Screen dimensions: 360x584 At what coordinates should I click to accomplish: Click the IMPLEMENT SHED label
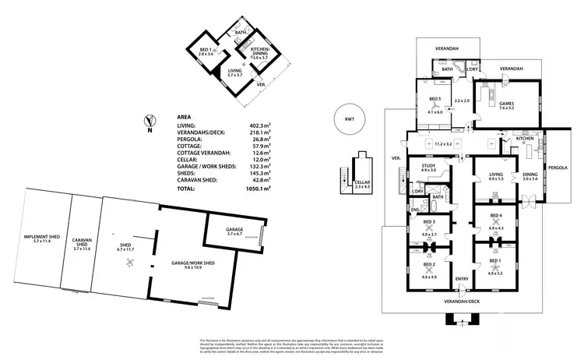[47, 239]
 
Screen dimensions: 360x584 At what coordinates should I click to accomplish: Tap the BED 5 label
[434, 99]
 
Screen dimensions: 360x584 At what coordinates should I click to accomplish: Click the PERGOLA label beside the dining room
[565, 167]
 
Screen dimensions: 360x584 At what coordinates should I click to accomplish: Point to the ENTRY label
[462, 279]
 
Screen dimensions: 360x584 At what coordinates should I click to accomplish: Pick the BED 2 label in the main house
[429, 263]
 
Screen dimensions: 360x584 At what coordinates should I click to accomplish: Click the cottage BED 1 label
[205, 49]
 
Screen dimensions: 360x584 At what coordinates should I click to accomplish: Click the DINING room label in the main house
[529, 176]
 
